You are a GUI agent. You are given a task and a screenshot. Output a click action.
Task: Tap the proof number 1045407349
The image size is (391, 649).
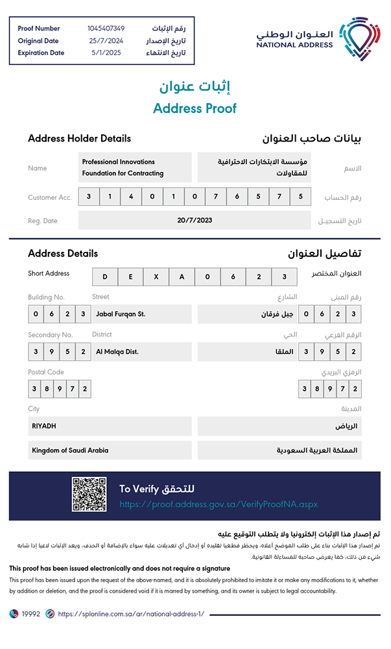(x=106, y=29)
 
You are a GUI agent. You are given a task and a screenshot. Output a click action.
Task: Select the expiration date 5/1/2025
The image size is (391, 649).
(x=106, y=53)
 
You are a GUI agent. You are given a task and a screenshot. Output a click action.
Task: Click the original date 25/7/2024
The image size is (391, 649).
(x=106, y=41)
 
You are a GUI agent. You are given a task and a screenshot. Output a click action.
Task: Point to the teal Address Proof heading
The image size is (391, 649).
(x=195, y=108)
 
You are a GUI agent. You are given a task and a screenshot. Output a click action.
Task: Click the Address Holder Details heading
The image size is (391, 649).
(x=79, y=138)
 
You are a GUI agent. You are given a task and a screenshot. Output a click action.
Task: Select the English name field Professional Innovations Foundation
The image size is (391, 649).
(x=136, y=167)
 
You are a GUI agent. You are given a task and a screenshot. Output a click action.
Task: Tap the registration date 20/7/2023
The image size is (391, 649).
(x=195, y=221)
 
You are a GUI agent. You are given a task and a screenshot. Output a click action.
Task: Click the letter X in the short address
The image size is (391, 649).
(x=156, y=277)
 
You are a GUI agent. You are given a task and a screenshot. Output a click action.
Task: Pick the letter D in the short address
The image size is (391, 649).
(x=104, y=277)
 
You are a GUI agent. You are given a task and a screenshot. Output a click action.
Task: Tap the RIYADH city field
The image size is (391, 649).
(x=110, y=426)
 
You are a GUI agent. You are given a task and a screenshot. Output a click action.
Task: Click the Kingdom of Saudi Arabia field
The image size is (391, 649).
(x=110, y=450)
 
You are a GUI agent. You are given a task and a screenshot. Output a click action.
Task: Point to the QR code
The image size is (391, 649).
(x=89, y=495)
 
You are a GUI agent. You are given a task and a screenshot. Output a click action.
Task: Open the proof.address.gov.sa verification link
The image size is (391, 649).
(x=219, y=504)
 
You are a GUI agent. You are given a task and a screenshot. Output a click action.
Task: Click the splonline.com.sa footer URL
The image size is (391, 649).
(x=131, y=614)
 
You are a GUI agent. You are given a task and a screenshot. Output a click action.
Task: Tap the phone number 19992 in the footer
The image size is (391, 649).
(x=31, y=614)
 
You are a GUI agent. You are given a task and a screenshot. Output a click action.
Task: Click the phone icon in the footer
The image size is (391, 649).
(x=14, y=614)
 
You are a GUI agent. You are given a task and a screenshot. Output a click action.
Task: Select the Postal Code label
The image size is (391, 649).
(x=46, y=373)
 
